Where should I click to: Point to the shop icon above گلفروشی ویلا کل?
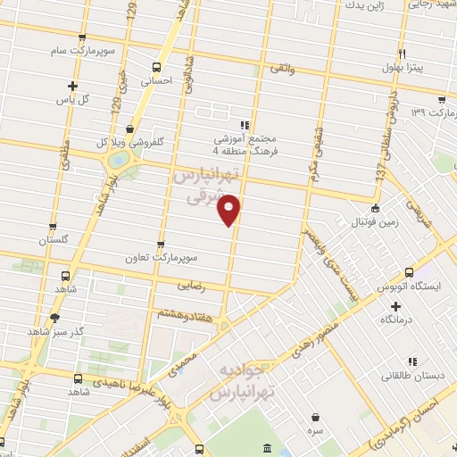pyautogui.click(x=130, y=129)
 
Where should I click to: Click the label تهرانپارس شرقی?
pyautogui.click(x=206, y=186)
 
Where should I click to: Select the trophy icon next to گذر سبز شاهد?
pyautogui.click(x=55, y=317)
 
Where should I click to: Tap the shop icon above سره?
pyautogui.click(x=317, y=416)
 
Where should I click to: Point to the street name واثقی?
pyautogui.click(x=280, y=67)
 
